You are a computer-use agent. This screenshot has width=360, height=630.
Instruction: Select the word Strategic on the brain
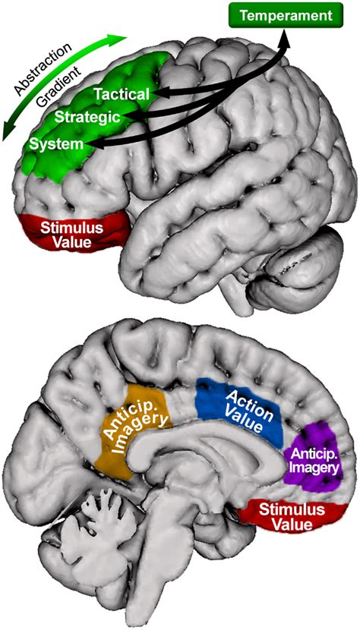pos(87,117)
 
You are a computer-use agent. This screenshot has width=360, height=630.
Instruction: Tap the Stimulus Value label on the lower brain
pos(289,515)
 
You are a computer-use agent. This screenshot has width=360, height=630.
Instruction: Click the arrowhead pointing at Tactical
pos(156,93)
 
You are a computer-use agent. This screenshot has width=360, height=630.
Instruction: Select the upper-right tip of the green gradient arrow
pos(124,36)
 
